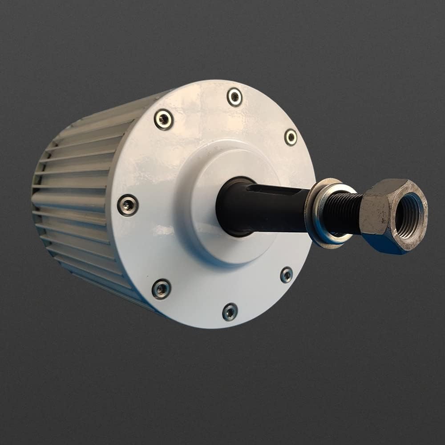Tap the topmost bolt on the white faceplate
(x=235, y=97)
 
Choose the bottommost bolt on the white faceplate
(x=230, y=311)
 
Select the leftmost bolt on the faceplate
(x=128, y=205)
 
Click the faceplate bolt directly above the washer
(x=291, y=137)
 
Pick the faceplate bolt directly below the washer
(x=287, y=275)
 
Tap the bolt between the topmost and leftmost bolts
(x=163, y=119)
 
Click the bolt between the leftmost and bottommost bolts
(x=161, y=289)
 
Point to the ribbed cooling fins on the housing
(x=76, y=200)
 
